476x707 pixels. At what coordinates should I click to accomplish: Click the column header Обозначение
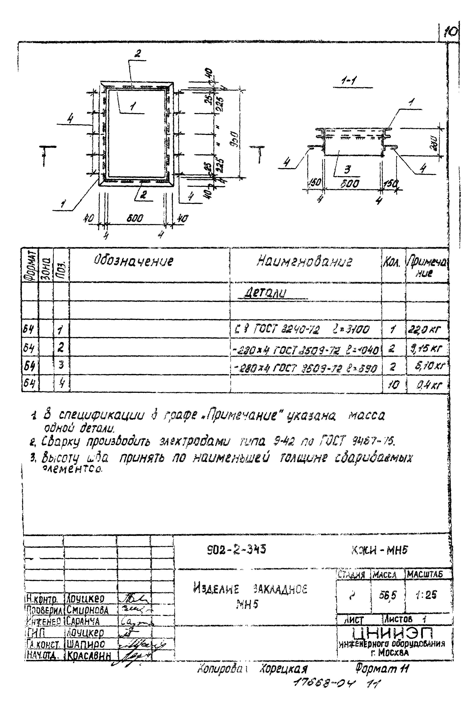pyautogui.click(x=133, y=261)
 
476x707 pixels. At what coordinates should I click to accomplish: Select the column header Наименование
pyautogui.click(x=304, y=262)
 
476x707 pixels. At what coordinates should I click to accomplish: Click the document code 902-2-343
pyautogui.click(x=236, y=549)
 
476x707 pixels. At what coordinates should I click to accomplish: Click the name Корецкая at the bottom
pyautogui.click(x=283, y=669)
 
